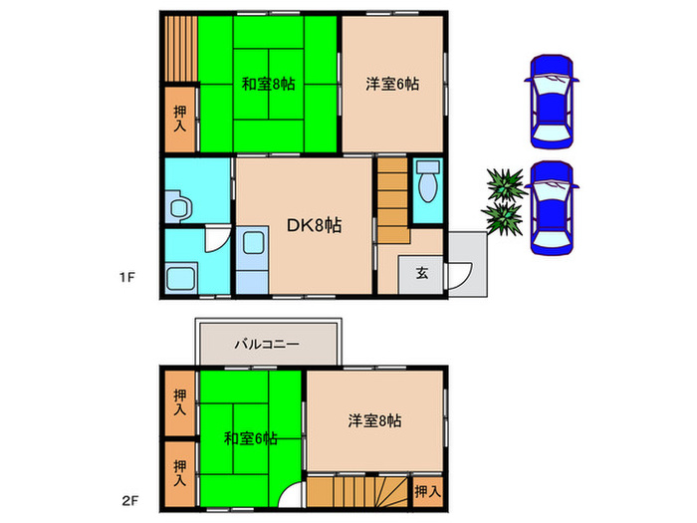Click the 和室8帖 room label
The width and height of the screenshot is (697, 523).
(x=268, y=84)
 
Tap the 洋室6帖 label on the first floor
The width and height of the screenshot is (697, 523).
(x=391, y=84)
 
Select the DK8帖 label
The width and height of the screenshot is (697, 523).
(x=315, y=226)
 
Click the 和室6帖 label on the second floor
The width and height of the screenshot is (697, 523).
(x=250, y=437)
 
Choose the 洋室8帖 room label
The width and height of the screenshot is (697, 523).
(x=375, y=421)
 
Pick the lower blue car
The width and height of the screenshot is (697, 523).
(x=552, y=209)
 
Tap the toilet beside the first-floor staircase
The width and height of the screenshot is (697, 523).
(x=429, y=182)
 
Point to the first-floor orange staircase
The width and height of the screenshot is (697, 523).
(x=392, y=199)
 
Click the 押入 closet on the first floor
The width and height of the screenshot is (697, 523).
(x=180, y=120)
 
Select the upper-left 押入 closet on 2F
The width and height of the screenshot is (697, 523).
(x=179, y=402)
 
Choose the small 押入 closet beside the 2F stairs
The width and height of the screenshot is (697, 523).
(x=426, y=491)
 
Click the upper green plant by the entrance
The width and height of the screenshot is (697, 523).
(x=504, y=184)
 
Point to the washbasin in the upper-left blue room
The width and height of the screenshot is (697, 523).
(x=180, y=208)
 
